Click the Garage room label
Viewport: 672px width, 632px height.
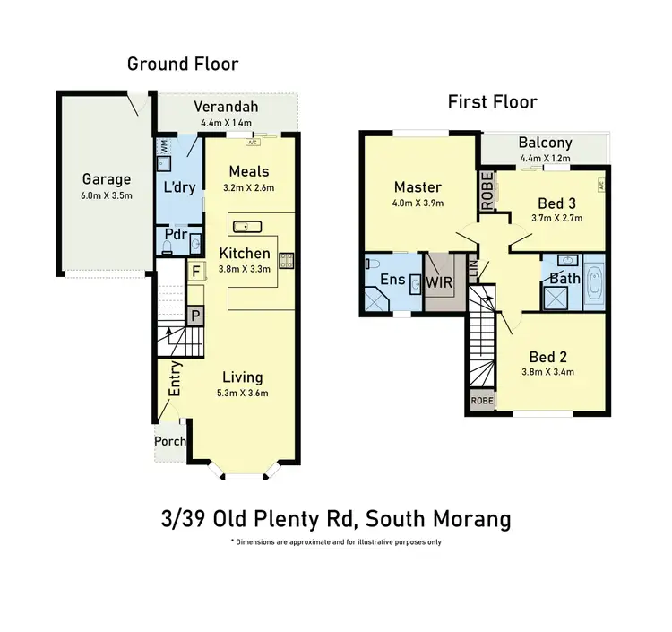tap(107, 178)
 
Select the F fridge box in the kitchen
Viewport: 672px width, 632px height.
tap(195, 269)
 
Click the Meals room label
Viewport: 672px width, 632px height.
tap(248, 171)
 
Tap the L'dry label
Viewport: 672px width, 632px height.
tap(179, 187)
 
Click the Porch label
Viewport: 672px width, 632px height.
tap(170, 441)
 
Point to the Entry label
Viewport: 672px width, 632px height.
tap(177, 379)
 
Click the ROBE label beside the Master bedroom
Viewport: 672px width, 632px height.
tap(487, 191)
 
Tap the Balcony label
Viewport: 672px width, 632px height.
tap(545, 143)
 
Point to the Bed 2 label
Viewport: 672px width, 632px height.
tap(547, 356)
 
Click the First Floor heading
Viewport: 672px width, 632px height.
tap(492, 101)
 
